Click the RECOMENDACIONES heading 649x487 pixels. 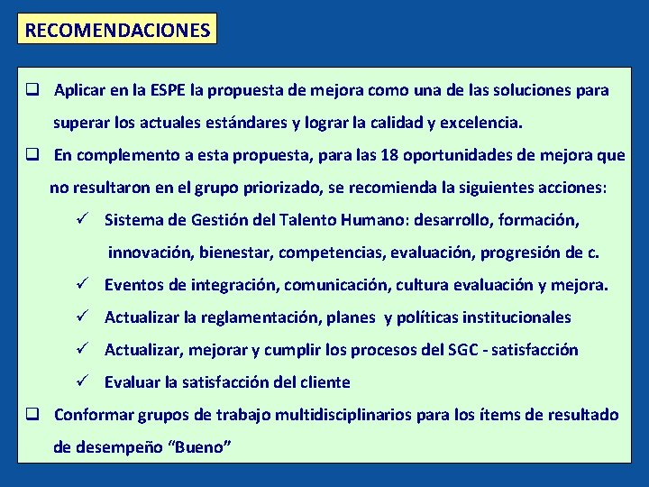117,30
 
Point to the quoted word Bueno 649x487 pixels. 204,446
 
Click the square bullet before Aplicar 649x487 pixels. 31,91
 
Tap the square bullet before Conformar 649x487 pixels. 31,415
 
